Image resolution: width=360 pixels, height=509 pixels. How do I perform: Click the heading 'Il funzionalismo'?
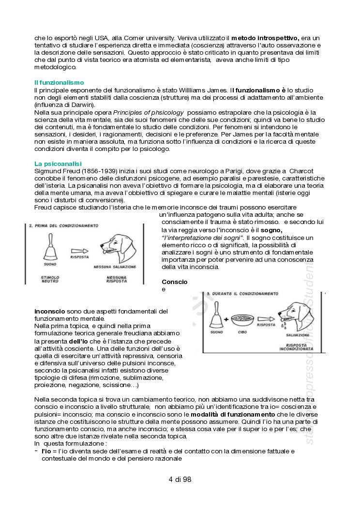(x=59, y=83)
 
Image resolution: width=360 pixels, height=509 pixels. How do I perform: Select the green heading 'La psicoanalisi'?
(x=58, y=164)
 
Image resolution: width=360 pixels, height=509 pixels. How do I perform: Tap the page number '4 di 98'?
(x=180, y=480)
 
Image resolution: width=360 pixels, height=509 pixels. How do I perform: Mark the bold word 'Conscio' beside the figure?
(x=174, y=282)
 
